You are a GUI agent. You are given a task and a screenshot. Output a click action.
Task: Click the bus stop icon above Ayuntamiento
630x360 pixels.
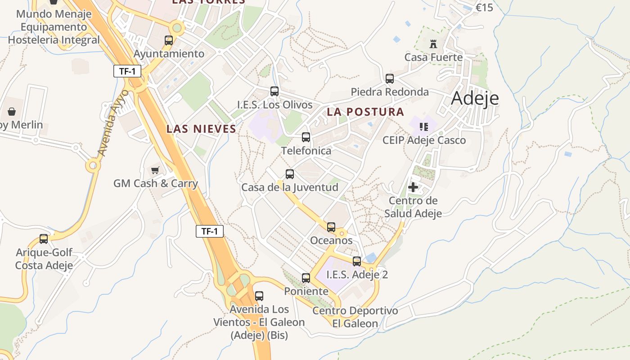(169, 40)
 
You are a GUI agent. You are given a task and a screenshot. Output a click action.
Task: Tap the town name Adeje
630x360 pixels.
(475, 98)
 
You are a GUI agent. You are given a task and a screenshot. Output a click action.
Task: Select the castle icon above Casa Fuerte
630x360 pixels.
(433, 44)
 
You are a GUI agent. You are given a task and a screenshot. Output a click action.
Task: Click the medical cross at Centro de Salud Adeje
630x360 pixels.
(413, 187)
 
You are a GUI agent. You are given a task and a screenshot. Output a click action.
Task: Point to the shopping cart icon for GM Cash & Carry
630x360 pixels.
(155, 170)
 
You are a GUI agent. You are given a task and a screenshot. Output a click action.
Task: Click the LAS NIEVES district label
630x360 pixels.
(201, 129)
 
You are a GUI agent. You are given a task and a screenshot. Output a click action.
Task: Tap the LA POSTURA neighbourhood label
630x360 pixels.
(365, 112)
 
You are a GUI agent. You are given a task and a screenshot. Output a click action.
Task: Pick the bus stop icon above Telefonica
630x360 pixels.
(306, 137)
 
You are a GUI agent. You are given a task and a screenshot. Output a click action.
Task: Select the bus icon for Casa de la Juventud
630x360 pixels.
(290, 174)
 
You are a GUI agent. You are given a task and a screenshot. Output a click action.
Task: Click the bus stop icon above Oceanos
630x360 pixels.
(331, 227)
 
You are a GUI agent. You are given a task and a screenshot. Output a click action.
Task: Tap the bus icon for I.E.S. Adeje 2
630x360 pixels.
(357, 261)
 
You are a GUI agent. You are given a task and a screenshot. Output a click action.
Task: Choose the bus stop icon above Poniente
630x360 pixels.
(306, 278)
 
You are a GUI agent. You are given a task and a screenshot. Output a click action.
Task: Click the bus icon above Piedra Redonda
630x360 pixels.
(390, 79)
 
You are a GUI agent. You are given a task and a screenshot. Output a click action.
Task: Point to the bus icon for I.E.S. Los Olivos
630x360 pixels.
(274, 91)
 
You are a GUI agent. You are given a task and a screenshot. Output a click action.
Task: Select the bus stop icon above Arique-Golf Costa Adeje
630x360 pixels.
(44, 239)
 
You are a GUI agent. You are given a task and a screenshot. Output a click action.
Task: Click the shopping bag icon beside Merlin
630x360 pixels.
(12, 111)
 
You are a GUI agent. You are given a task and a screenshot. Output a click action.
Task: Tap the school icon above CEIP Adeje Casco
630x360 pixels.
(423, 127)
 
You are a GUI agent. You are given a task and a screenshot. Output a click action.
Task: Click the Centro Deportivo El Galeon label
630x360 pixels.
(355, 317)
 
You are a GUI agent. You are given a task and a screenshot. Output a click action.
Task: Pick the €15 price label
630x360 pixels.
(484, 8)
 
